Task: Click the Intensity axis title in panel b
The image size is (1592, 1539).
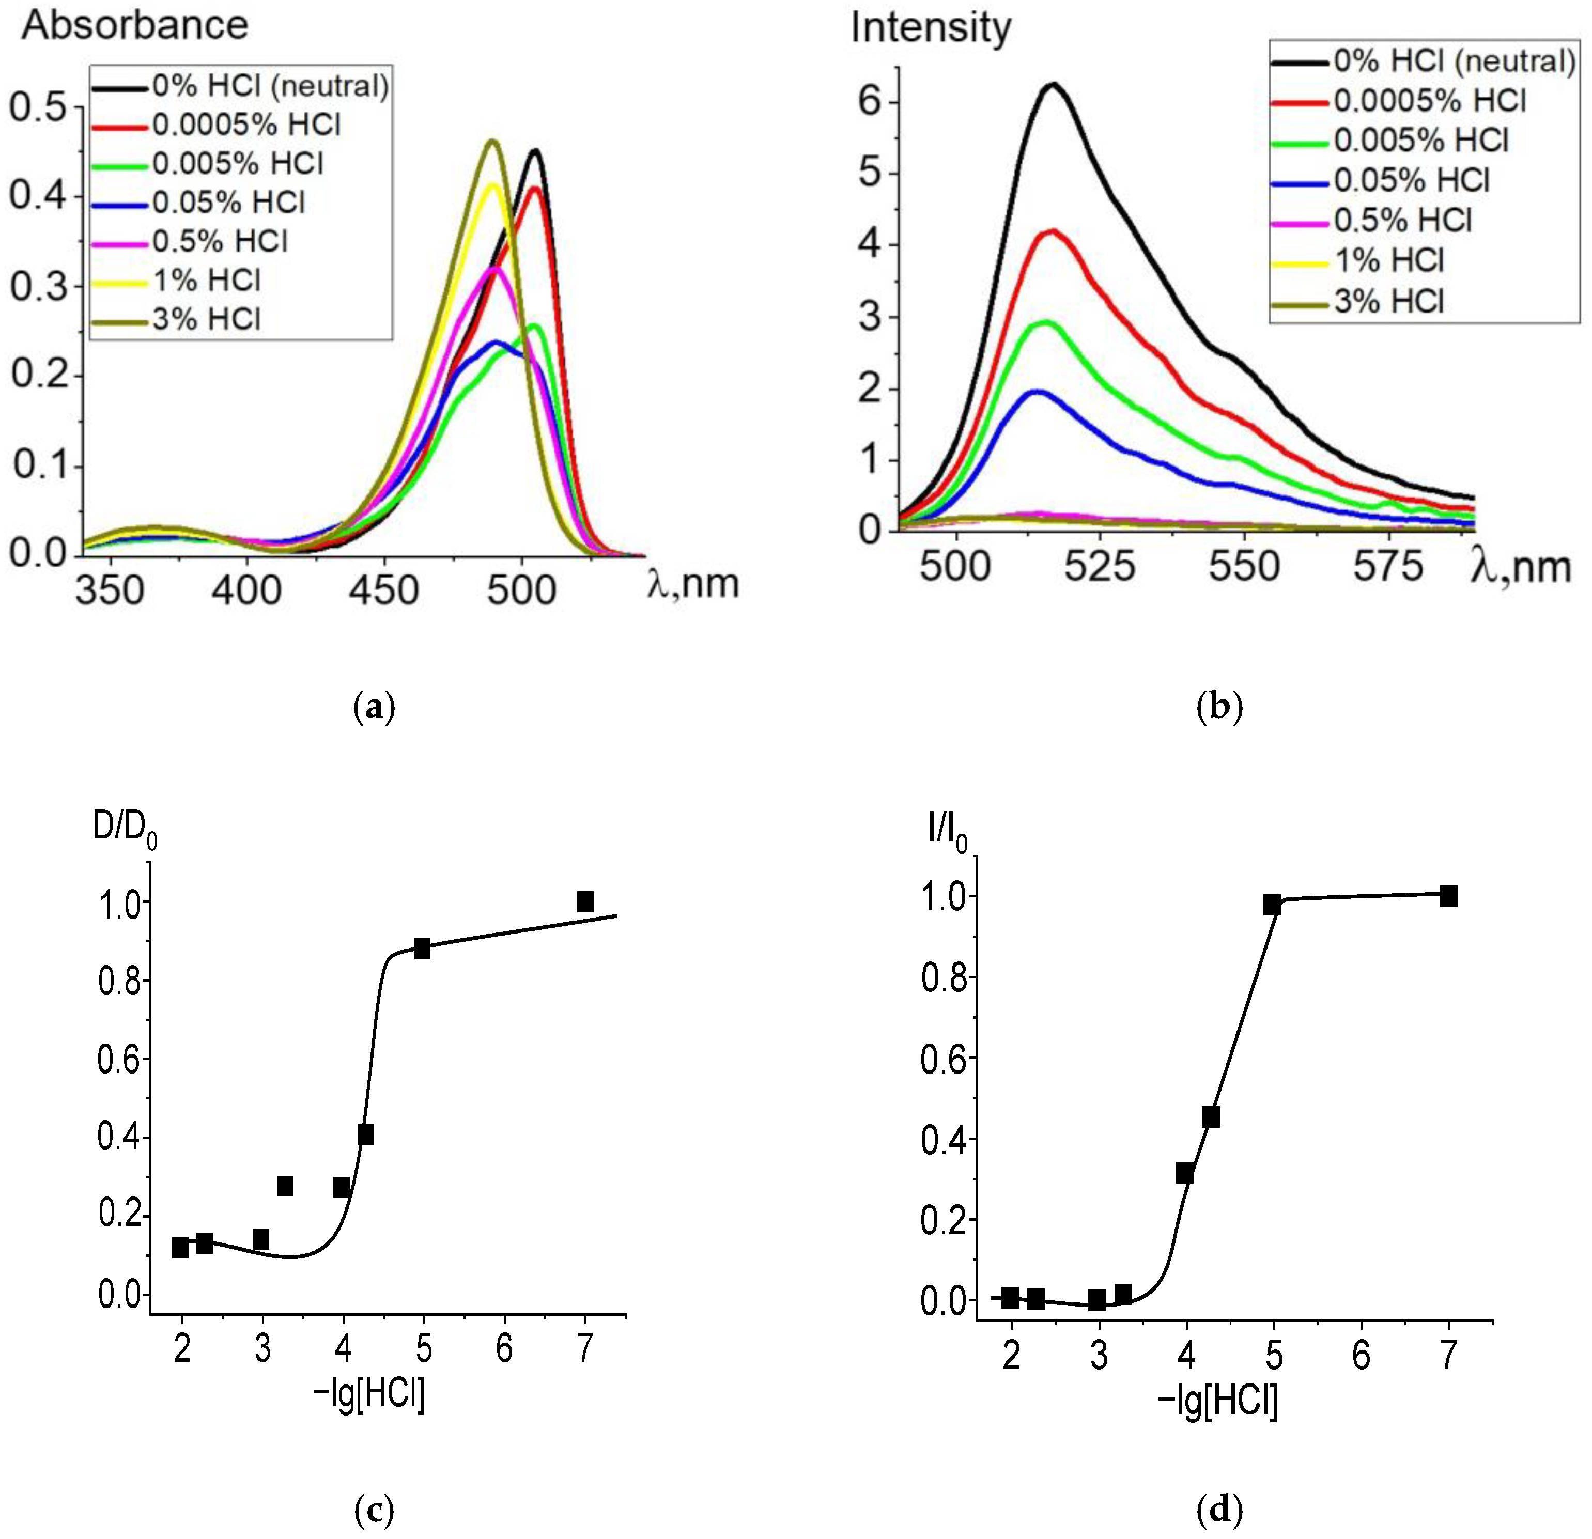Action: [x=930, y=28]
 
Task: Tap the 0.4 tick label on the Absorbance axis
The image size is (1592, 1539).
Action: [x=41, y=197]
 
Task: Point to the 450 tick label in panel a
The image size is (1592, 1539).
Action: [x=383, y=590]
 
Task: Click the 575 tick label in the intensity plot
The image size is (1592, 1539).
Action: [x=1387, y=566]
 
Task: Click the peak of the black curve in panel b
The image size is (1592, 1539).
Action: [x=1054, y=84]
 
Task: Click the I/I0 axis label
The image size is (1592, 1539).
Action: [x=947, y=832]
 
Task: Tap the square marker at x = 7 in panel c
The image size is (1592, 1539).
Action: [x=585, y=901]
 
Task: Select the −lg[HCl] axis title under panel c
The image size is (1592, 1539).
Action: [x=369, y=1395]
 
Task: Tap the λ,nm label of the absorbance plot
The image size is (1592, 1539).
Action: [x=693, y=583]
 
